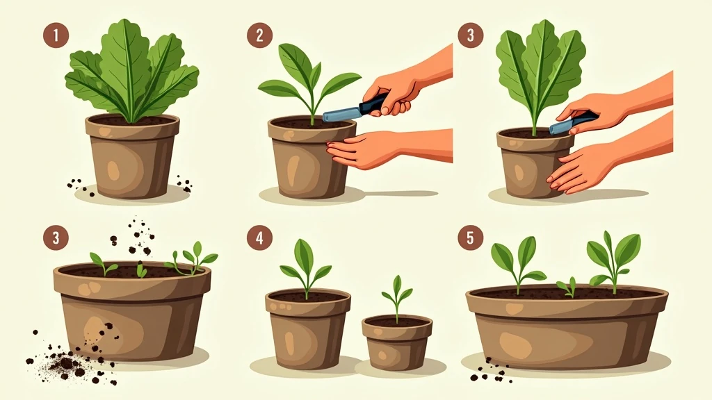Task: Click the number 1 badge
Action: coord(56,35)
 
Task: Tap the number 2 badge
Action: coord(260,35)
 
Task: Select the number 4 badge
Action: coord(260,238)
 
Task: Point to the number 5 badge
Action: coord(471,238)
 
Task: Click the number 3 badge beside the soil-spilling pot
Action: coord(56,238)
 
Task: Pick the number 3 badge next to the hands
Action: coord(471,35)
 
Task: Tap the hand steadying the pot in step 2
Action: coord(363,149)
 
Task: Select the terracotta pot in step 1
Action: coord(131,156)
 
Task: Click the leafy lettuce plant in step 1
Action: coord(131,72)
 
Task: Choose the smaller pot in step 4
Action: coord(397,342)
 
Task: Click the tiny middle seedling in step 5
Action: coord(567,287)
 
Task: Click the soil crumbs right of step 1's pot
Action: coord(184,183)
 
